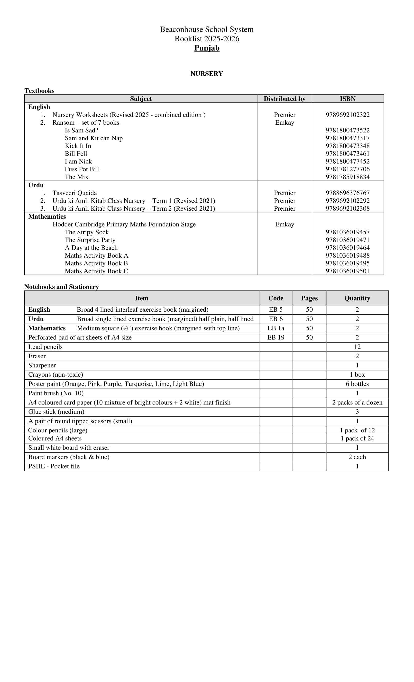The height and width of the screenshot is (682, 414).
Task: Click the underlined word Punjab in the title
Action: point(207,48)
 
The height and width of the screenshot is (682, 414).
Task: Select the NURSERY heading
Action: point(207,74)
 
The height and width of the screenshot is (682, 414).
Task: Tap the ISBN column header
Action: point(347,99)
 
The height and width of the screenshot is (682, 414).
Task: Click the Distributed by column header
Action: point(285,99)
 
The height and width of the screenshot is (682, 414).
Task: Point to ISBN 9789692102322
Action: point(347,115)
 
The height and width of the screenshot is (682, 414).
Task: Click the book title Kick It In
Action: point(78,146)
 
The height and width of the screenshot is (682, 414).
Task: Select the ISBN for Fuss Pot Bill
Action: point(347,169)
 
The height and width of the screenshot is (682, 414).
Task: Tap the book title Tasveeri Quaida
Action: point(74,193)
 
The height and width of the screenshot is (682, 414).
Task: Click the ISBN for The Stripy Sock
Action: point(347,232)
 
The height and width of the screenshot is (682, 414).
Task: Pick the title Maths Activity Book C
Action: point(96,271)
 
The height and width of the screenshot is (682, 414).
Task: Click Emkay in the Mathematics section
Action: point(285,224)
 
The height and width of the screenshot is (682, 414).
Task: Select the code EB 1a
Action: point(276,328)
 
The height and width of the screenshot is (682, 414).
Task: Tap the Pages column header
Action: point(309,298)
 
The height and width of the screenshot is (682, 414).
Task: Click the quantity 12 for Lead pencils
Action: point(357,347)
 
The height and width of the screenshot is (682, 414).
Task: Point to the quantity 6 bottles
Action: point(357,384)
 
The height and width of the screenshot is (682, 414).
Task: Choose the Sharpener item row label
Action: point(42,365)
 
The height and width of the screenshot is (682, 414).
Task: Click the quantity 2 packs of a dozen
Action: point(357,402)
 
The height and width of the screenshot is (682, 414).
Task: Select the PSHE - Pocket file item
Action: point(54,466)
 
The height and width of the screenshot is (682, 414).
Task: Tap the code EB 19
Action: point(276,337)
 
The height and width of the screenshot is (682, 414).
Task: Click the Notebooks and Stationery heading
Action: point(61,287)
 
